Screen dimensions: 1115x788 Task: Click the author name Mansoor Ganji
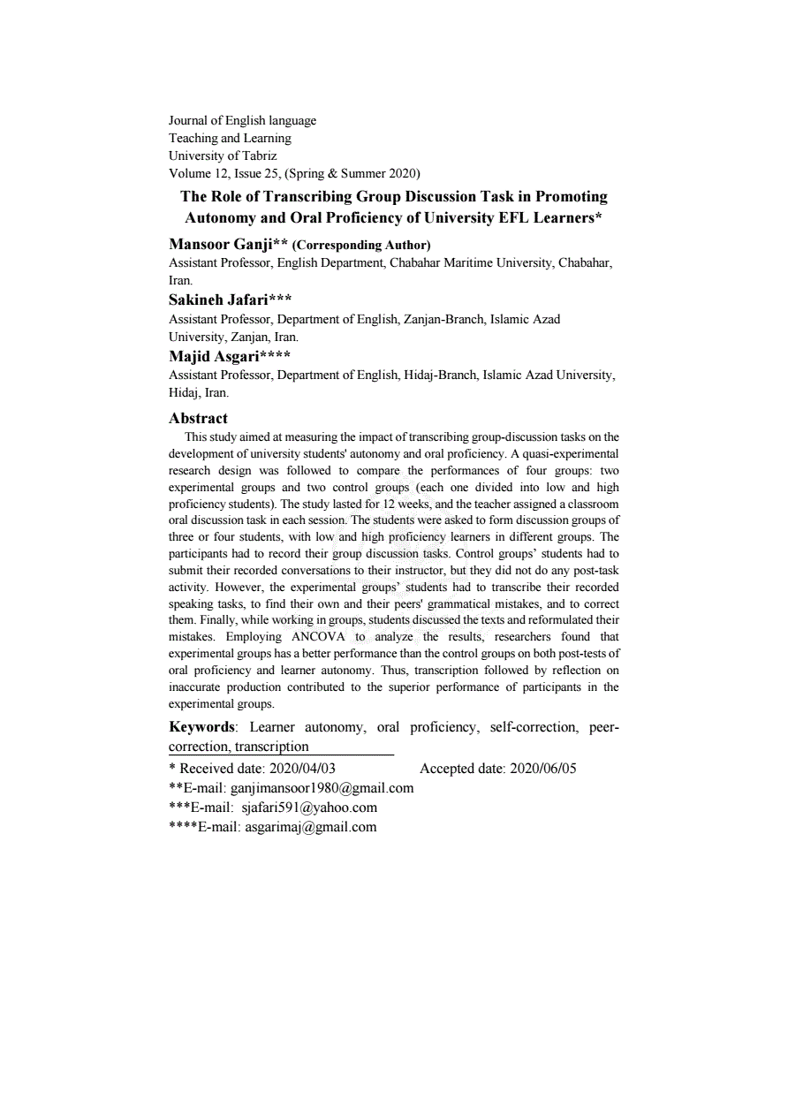click(219, 245)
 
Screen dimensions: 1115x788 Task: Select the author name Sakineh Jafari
click(218, 300)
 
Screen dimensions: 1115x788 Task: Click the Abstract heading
click(198, 419)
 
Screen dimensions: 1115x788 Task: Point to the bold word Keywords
click(202, 727)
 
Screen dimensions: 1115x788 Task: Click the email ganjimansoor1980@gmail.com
click(322, 788)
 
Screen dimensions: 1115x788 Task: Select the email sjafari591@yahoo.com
click(309, 808)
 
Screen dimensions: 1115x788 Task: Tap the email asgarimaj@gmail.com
click(310, 827)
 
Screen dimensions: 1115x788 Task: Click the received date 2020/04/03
click(301, 769)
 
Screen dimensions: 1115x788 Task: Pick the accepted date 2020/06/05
click(542, 769)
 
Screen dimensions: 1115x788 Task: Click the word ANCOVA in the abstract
click(313, 637)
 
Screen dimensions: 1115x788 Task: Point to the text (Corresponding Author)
click(361, 246)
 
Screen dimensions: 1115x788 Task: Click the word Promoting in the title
click(563, 197)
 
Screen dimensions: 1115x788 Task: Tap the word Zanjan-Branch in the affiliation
click(443, 319)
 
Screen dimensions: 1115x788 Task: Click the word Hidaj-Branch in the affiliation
click(441, 375)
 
